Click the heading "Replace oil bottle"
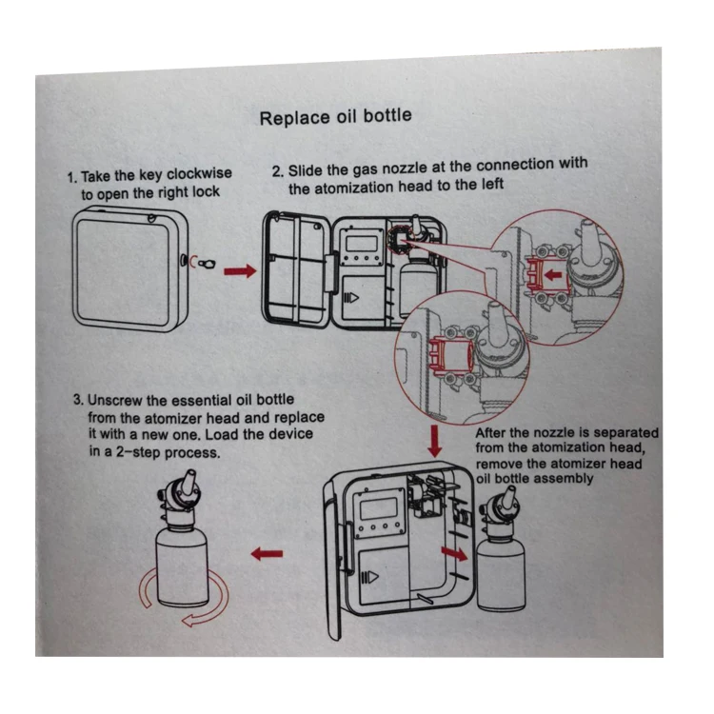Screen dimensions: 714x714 click(336, 117)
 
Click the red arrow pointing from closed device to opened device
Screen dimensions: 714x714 click(239, 271)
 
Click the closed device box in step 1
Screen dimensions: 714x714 click(126, 270)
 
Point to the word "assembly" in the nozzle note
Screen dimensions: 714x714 click(563, 478)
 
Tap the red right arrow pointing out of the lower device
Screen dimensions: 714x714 click(454, 552)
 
